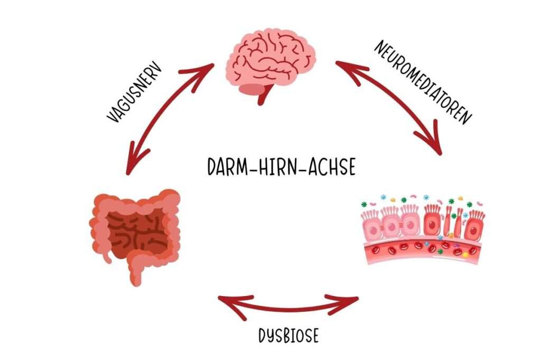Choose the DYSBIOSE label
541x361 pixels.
coord(288,336)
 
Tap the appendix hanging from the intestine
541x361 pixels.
coord(109,254)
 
